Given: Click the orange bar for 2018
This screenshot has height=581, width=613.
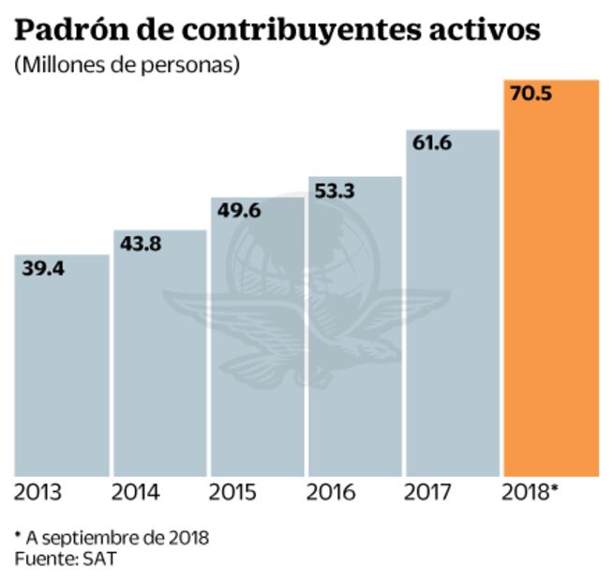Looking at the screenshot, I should click(551, 281).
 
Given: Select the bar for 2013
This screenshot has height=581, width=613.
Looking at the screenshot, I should click(62, 365).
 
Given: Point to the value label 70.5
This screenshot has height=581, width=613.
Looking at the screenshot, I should click(531, 94).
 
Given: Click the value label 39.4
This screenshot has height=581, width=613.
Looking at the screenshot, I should click(43, 269).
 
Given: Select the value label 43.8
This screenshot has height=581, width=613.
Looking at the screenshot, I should click(141, 244).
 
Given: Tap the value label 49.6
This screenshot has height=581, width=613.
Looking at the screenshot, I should click(238, 212).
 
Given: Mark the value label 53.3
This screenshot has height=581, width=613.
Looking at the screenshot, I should click(335, 192).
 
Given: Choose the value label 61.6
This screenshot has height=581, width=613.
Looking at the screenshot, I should click(432, 143).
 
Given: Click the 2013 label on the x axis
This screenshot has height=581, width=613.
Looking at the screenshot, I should click(38, 492).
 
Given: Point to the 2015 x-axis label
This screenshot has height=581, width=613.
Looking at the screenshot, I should click(233, 492).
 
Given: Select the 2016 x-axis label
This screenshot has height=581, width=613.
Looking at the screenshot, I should click(331, 492).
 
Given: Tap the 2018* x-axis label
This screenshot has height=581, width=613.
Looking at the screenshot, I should click(531, 492).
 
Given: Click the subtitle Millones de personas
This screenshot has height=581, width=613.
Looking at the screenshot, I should click(127, 67).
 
